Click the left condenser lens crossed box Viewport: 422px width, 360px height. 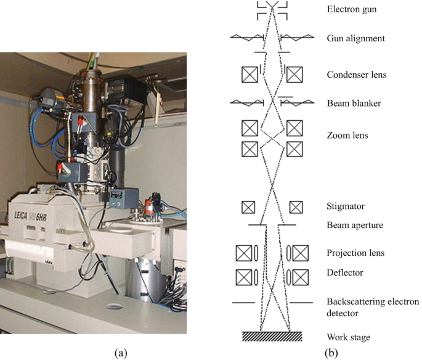click(250, 75)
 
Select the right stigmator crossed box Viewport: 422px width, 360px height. click(296, 206)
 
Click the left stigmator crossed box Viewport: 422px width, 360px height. click(248, 206)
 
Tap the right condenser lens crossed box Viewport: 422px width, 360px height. click(294, 75)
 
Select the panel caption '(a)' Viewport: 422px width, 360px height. click(121, 353)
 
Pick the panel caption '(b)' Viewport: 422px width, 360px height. click(331, 353)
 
